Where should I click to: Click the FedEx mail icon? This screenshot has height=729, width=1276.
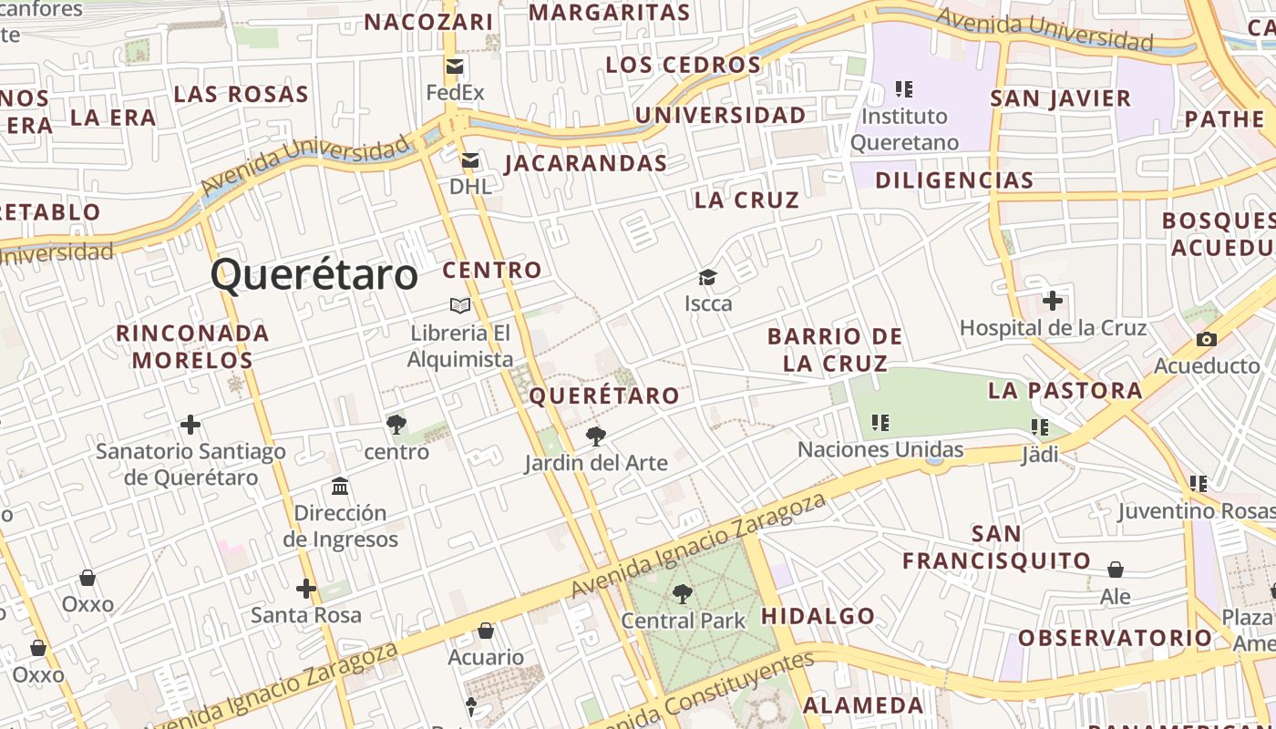click(455, 66)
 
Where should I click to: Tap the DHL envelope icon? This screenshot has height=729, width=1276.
click(470, 160)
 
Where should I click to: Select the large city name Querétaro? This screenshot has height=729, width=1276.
click(314, 274)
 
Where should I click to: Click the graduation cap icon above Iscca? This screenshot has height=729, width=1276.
click(707, 277)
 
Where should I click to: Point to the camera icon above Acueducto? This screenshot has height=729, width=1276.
click(1207, 339)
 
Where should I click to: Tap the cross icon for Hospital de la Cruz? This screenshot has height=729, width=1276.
click(1053, 300)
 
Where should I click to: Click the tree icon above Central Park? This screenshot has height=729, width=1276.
click(682, 594)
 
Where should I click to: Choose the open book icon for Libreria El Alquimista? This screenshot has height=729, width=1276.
click(460, 305)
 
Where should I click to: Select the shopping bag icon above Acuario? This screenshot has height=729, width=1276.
click(486, 631)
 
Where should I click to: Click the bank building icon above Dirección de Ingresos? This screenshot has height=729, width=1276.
click(340, 486)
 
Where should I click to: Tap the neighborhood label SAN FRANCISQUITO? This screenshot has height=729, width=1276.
click(996, 547)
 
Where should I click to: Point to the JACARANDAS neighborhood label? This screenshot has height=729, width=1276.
click(586, 163)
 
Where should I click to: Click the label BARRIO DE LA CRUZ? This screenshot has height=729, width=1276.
click(835, 350)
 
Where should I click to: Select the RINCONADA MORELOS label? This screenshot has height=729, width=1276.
click(192, 346)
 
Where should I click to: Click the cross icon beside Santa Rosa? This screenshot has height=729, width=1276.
click(306, 589)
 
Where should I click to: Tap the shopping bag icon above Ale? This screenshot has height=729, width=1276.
click(1116, 570)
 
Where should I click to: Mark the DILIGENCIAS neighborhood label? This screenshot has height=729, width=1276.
click(954, 180)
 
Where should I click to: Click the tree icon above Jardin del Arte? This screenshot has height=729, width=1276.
click(596, 436)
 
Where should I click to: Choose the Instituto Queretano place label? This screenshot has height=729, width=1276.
click(905, 129)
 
